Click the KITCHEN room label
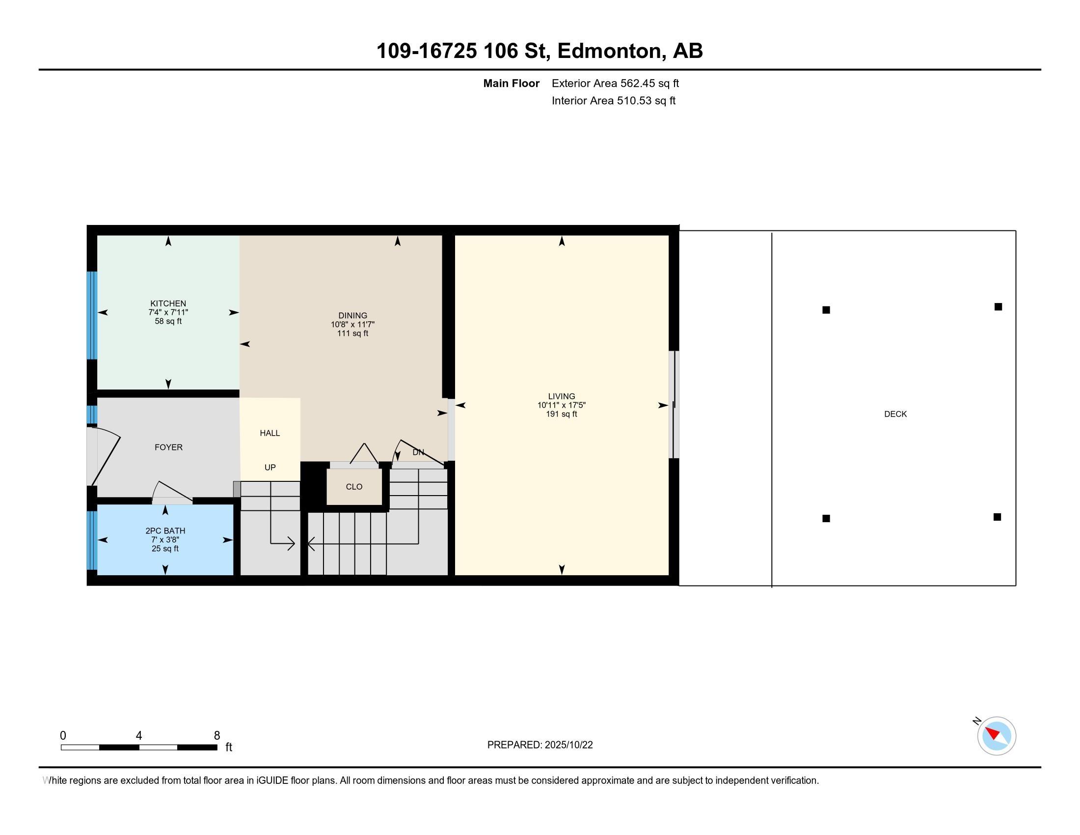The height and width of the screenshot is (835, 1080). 168,303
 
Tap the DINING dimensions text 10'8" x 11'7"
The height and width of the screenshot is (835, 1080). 352,325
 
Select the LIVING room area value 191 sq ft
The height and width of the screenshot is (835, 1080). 561,414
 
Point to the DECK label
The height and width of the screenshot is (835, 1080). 895,414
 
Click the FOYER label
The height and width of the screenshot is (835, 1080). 168,447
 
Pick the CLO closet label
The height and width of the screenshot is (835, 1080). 354,487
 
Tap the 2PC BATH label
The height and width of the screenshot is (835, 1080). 165,531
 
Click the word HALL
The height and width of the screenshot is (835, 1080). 270,433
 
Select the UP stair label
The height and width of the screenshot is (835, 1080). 270,468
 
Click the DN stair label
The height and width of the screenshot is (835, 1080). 418,452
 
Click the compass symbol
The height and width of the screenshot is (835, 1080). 997,736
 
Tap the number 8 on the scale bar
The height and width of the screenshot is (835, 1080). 216,736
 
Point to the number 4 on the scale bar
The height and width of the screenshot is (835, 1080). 139,736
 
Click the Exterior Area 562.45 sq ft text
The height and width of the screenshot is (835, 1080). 615,83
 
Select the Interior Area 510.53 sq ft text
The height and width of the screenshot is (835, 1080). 614,101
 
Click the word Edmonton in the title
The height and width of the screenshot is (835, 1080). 611,51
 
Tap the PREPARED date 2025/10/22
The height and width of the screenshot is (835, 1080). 568,745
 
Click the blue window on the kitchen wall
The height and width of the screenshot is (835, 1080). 92,315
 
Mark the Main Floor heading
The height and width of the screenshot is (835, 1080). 512,83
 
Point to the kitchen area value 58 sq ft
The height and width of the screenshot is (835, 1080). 168,321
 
